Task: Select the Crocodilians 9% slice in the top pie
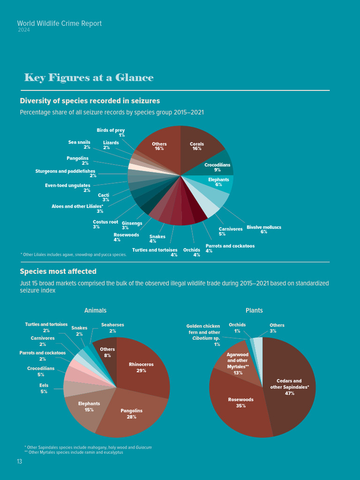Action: click(x=217, y=167)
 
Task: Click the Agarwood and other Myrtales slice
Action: click(x=237, y=363)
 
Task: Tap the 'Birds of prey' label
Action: click(x=111, y=130)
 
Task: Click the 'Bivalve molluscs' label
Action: click(x=264, y=227)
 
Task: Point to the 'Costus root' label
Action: click(x=105, y=222)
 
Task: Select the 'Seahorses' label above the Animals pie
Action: click(x=112, y=324)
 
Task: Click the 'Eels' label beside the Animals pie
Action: click(x=44, y=385)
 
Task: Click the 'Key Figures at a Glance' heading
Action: click(x=89, y=77)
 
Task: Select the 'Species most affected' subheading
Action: click(x=58, y=271)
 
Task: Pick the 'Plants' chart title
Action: click(x=254, y=310)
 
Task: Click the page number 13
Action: click(x=19, y=462)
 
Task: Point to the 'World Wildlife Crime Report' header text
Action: click(x=59, y=23)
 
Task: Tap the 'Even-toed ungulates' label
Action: click(x=67, y=185)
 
